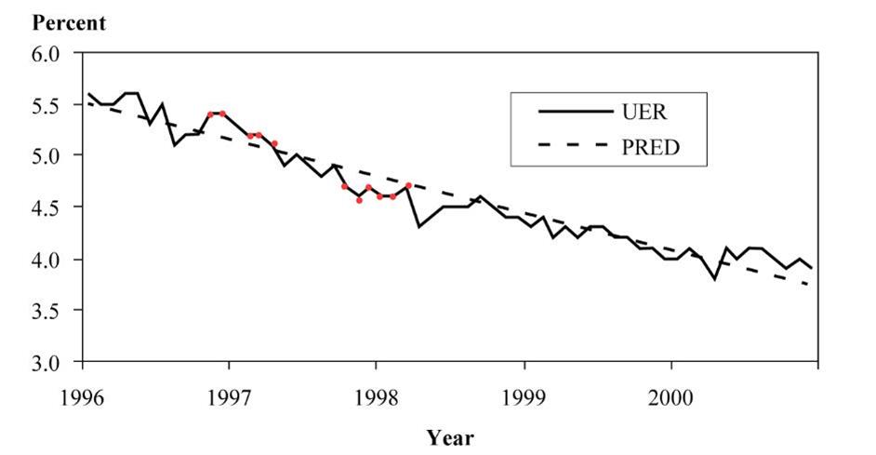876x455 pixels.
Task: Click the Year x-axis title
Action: (x=450, y=436)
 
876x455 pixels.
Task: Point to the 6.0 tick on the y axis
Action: (x=46, y=54)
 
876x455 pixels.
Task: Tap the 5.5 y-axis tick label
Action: (x=46, y=106)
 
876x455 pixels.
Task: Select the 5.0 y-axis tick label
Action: (x=46, y=156)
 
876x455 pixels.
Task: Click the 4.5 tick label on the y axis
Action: (x=46, y=208)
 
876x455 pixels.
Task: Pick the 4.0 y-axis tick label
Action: (x=46, y=260)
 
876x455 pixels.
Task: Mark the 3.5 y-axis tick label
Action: (x=46, y=311)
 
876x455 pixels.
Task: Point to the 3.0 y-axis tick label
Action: (x=46, y=363)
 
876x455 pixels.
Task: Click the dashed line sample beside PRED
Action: (x=568, y=147)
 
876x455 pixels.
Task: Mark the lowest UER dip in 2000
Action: (x=714, y=279)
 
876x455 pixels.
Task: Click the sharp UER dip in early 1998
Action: (x=419, y=226)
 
